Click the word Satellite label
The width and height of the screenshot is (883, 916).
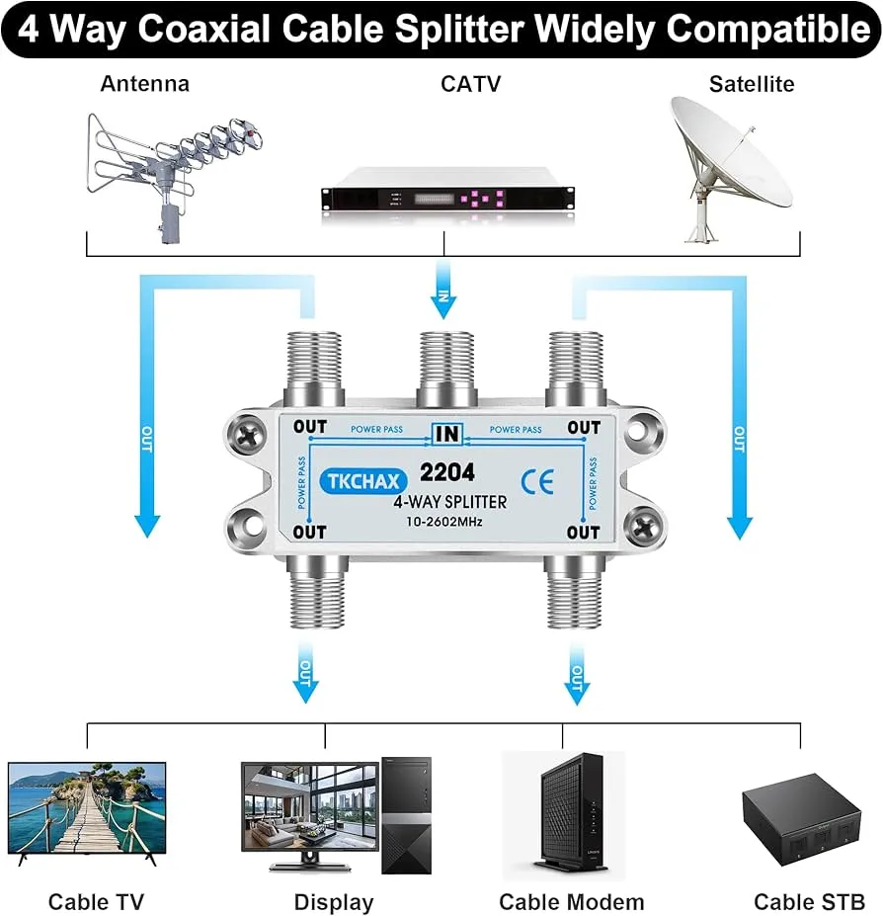point(751,84)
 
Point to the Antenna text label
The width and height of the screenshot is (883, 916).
point(144,84)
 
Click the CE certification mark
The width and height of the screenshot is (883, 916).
point(542,480)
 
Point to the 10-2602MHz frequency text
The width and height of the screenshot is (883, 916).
point(442,521)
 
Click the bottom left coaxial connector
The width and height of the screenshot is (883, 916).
point(314,593)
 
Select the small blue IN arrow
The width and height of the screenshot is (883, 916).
point(443,297)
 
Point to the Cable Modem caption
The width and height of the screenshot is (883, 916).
point(571,901)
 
